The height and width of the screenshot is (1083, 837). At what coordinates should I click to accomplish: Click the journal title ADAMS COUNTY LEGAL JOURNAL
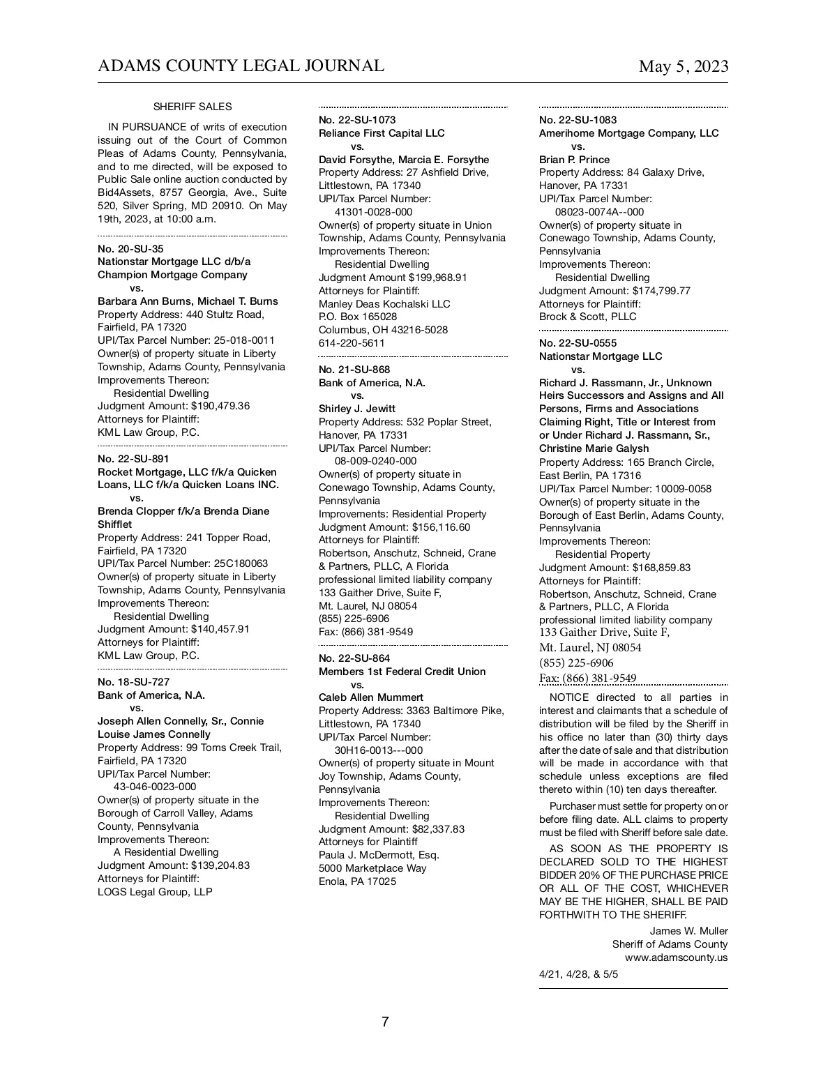tap(241, 66)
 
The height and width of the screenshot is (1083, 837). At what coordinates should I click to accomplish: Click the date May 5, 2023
tap(683, 67)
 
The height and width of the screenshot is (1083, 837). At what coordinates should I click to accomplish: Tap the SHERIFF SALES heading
tap(193, 107)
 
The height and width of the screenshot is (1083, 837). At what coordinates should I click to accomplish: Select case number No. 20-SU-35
tap(130, 249)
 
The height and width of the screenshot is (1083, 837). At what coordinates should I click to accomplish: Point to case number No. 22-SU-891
tap(133, 459)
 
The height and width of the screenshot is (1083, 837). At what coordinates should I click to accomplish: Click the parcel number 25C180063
tap(237, 563)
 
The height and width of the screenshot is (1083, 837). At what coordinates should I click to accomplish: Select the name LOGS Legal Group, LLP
tap(155, 892)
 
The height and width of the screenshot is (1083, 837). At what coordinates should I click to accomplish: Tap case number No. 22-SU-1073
tap(357, 120)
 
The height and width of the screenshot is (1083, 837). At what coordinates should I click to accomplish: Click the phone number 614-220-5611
tap(352, 343)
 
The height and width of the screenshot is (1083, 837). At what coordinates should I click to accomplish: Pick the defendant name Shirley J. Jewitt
tap(357, 409)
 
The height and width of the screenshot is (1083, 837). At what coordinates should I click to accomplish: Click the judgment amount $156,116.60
tap(441, 527)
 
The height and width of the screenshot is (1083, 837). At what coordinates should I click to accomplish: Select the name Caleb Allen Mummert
tap(371, 697)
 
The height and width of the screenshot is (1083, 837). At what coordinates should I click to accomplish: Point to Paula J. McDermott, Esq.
tap(379, 855)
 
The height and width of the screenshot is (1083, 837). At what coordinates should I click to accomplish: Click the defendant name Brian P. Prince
tap(574, 160)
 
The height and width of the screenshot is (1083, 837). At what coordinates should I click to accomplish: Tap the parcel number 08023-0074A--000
tap(600, 212)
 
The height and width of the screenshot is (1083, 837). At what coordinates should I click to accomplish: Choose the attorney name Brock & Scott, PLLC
tap(588, 317)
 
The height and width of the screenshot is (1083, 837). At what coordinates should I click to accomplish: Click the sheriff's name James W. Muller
tap(688, 931)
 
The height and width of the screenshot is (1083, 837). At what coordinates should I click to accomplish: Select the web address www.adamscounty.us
tap(676, 957)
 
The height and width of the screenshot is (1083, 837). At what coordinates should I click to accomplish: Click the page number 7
tap(385, 1022)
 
